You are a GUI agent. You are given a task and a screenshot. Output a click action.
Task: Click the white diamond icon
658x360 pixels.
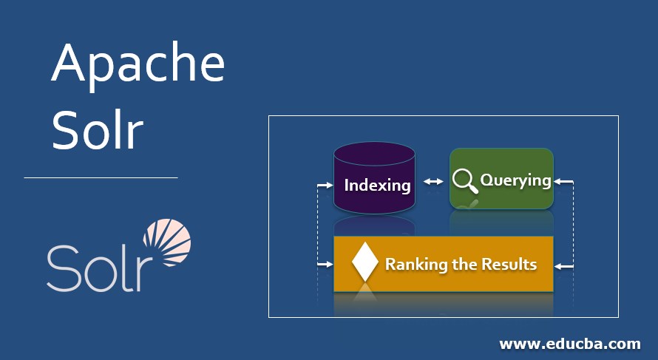pos(365,262)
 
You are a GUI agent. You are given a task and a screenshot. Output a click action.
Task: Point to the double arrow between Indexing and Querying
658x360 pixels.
pos(433,181)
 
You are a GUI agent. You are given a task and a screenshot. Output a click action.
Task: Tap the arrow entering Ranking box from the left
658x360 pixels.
pos(325,263)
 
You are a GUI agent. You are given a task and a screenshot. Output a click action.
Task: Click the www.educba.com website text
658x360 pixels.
pos(569,344)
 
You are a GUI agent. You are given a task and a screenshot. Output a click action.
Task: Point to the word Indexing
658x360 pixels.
pos(377,185)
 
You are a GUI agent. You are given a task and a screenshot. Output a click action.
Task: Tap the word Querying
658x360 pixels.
pos(515,180)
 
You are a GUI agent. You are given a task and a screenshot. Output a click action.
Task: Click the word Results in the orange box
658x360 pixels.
pos(509,264)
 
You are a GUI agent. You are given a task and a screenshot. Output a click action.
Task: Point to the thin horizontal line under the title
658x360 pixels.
pos(101,177)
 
